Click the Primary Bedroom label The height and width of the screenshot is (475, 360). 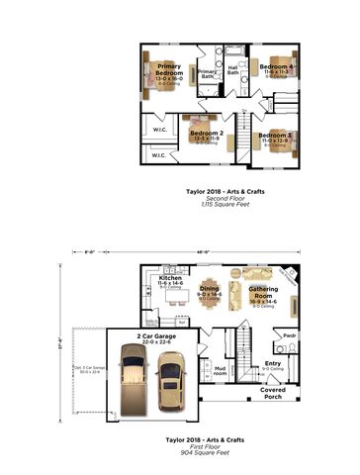point(169,70)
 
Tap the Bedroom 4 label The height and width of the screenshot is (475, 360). point(275,67)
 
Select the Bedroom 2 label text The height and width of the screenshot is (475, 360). point(207,133)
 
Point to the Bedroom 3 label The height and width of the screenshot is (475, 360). point(275,136)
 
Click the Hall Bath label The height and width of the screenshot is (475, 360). point(233,70)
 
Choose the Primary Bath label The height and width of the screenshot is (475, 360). point(208,72)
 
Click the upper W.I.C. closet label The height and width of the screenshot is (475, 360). point(160,129)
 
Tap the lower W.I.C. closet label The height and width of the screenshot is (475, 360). point(159,154)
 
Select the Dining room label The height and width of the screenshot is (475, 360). point(210,289)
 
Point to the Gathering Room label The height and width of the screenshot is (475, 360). point(263,292)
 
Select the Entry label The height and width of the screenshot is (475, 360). point(273,364)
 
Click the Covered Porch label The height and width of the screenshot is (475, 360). point(274,393)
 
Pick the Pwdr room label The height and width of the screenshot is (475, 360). point(290,335)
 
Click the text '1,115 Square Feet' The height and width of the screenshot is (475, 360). point(212,203)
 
